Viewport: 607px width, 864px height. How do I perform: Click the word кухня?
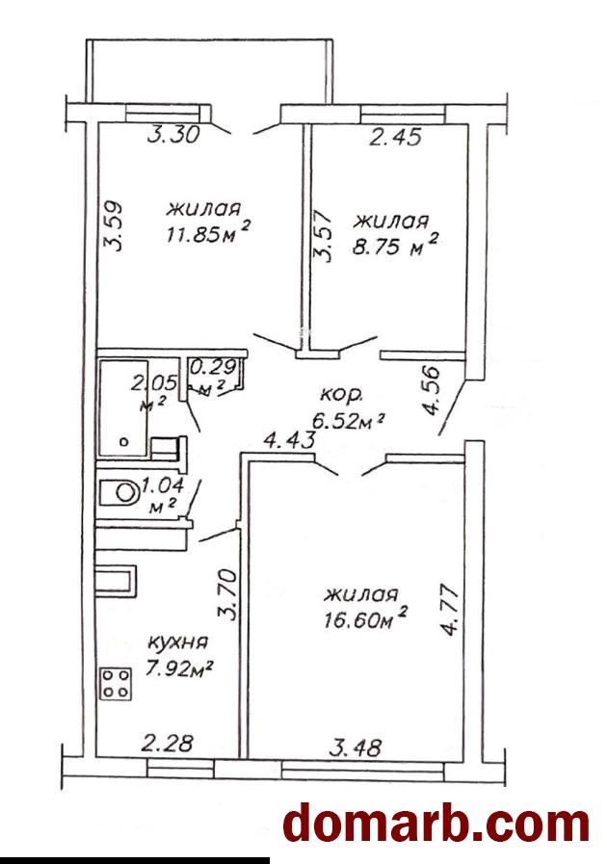178,643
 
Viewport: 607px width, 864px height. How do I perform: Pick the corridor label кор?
341,395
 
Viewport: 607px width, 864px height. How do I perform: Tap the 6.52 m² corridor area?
347,421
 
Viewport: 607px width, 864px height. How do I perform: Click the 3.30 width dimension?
173,135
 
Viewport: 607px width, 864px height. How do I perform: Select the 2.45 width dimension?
395,136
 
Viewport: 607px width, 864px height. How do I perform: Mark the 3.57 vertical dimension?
323,236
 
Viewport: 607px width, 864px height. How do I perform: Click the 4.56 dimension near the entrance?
431,390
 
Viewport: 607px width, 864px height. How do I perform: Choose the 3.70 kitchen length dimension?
227,594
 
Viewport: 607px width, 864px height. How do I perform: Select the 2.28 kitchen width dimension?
167,743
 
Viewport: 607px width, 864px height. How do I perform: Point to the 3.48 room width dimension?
355,747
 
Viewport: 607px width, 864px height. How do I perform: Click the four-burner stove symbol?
116,683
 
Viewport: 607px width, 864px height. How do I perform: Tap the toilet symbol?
119,492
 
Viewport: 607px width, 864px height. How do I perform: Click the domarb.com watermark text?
436,824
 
